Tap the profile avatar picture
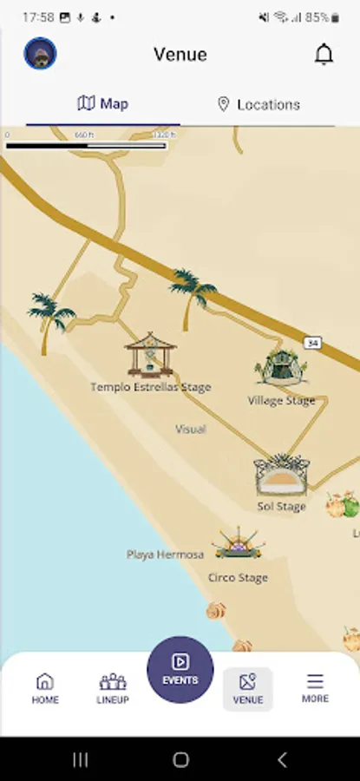click(x=40, y=54)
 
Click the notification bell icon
click(x=324, y=55)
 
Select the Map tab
click(x=103, y=104)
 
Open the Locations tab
click(x=258, y=104)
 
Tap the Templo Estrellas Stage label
click(x=151, y=387)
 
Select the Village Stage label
click(x=281, y=401)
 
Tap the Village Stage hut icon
click(x=280, y=367)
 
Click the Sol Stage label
click(x=281, y=506)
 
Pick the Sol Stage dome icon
click(x=281, y=476)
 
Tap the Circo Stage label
click(x=238, y=577)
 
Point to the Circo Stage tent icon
click(x=238, y=544)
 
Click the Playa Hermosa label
click(x=165, y=554)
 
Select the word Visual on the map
click(x=191, y=429)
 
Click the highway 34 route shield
click(x=312, y=344)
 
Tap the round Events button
click(x=180, y=669)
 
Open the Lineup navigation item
click(x=113, y=688)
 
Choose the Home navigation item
click(x=45, y=688)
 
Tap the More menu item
click(x=315, y=688)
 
